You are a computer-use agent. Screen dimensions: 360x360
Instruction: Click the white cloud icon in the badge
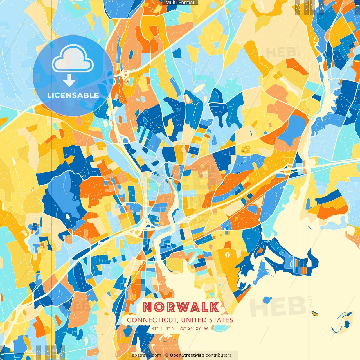pos(73,59)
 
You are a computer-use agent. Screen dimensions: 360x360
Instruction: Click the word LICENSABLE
pos(73,95)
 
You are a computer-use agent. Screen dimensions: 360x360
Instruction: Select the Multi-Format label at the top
pos(180,3)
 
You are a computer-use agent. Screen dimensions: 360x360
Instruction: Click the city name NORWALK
pos(181,307)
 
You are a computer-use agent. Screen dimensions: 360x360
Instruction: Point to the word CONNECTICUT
pos(152,320)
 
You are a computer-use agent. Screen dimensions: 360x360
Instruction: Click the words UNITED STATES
pos(207,320)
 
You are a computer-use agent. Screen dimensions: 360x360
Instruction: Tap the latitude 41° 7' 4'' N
pos(163,328)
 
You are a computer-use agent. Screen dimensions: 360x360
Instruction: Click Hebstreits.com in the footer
pos(145,355)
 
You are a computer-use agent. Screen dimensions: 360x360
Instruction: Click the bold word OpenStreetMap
pos(187,355)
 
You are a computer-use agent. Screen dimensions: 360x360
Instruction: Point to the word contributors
pos(219,355)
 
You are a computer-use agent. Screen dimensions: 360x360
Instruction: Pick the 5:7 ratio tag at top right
pos(306,7)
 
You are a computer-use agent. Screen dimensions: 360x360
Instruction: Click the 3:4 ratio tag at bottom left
pos(47,352)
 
